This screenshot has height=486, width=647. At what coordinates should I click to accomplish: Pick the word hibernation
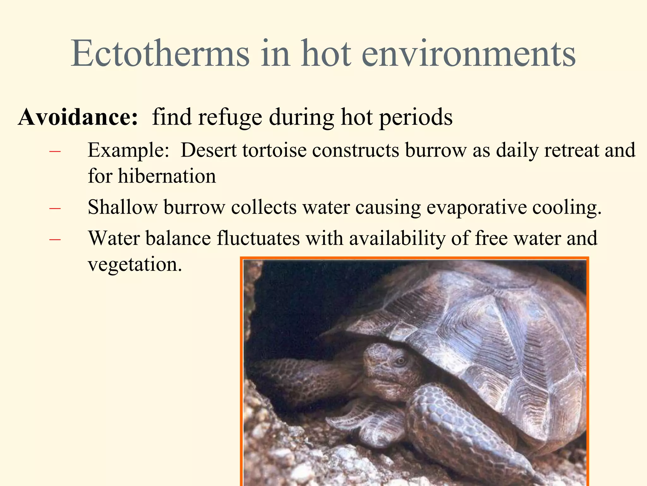click(x=167, y=176)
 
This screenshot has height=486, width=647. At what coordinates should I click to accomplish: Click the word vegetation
click(x=135, y=265)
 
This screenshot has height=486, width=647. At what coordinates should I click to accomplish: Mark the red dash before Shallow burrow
click(x=55, y=209)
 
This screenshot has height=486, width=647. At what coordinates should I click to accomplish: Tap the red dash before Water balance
click(x=55, y=240)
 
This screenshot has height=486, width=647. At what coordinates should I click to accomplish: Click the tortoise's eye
click(x=401, y=361)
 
